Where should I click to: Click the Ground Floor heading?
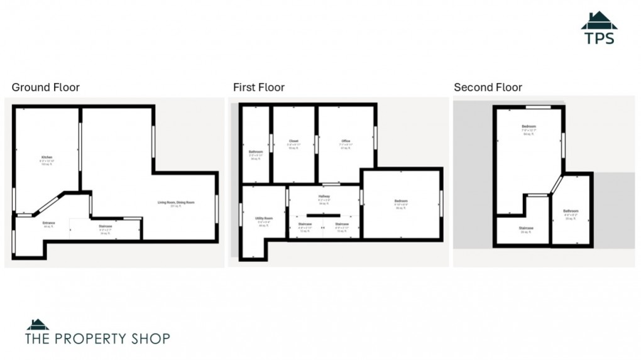[x=46, y=87]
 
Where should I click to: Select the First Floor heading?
[x=258, y=87]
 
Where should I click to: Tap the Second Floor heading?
[x=488, y=87]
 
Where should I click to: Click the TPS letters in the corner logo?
[x=599, y=38]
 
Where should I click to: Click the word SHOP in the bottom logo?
[x=146, y=339]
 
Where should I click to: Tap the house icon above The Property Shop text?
[x=37, y=325]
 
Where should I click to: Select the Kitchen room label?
[x=47, y=157]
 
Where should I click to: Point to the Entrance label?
[x=48, y=223]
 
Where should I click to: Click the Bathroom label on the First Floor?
[x=255, y=151]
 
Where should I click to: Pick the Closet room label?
[x=293, y=141]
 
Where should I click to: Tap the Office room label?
[x=346, y=141]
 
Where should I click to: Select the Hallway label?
[x=324, y=197]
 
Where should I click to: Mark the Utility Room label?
[x=263, y=218]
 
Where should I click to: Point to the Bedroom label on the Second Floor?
[x=529, y=126]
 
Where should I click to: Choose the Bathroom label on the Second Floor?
[x=571, y=210]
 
